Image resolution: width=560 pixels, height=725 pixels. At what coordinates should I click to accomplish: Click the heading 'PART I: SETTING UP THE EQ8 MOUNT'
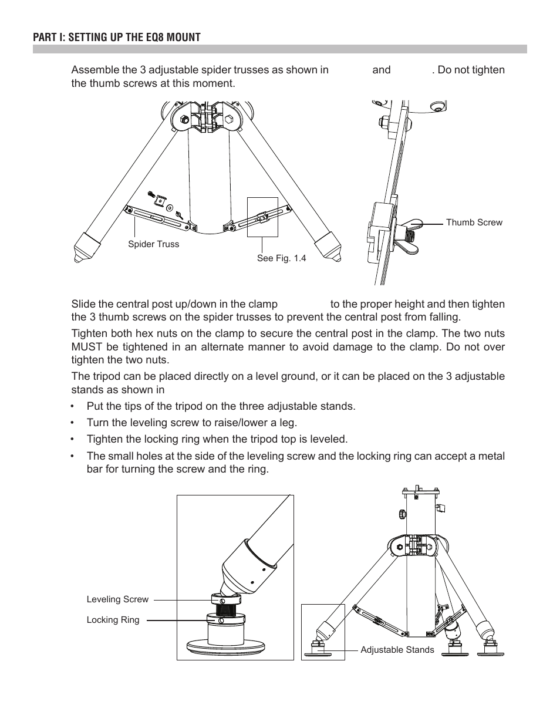coord(116,38)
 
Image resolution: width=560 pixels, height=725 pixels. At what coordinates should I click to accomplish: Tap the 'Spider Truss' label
coord(153,244)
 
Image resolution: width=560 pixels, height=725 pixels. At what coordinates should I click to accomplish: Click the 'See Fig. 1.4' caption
coord(281,258)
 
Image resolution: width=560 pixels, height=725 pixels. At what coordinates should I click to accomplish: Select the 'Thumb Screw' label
coord(474,222)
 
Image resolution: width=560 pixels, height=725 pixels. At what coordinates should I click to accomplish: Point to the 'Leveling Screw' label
coord(117,599)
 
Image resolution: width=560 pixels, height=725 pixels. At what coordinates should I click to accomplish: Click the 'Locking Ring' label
coord(113,620)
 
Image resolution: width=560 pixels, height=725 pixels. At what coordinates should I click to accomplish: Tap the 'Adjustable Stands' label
coord(397,650)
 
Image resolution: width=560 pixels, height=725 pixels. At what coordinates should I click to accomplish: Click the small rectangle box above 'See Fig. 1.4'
coord(262,217)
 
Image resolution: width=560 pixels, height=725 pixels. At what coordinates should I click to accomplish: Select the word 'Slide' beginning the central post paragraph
coord(82,304)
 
